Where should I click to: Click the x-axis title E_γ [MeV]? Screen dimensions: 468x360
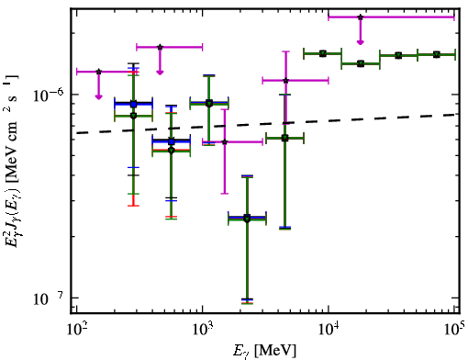coord(264,351)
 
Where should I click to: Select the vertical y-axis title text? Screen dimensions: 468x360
coord(11,163)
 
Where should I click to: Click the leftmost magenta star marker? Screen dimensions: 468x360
coord(98,72)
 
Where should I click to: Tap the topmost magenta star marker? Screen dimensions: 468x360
coord(361,17)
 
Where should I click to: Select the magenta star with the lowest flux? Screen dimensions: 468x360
coord(225,141)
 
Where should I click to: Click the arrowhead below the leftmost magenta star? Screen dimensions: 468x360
coord(98,97)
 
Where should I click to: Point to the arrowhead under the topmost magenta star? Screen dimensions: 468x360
coord(361,42)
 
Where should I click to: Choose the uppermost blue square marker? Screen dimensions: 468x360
coord(133,104)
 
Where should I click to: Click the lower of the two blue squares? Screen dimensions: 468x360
coord(172,141)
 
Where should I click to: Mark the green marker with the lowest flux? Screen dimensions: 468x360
coord(247,219)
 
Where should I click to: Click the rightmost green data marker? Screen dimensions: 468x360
coord(437,54)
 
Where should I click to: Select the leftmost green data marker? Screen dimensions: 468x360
coord(133,116)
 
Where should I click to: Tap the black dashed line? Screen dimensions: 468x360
coord(266,124)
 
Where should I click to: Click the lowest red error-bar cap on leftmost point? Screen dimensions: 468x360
coord(133,206)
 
